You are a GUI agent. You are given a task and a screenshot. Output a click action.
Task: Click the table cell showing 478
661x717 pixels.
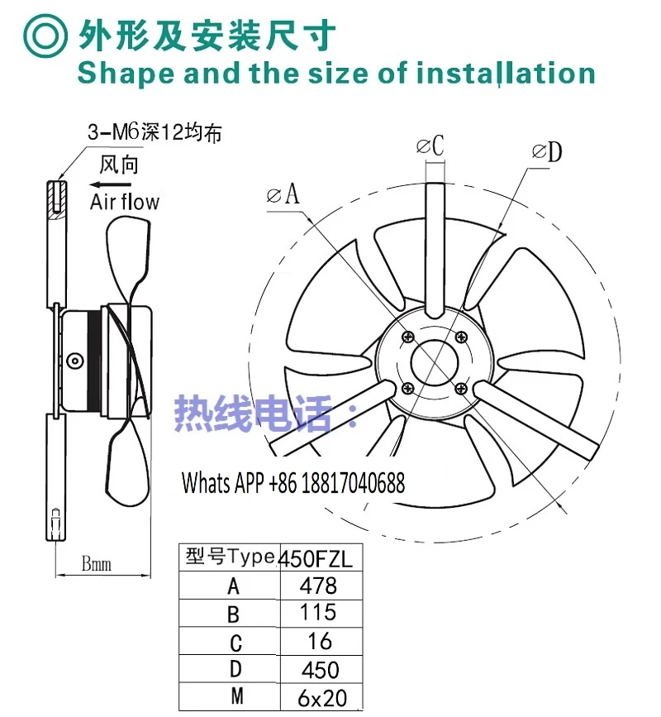click(x=318, y=586)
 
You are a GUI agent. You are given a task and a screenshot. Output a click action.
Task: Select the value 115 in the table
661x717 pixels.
click(x=318, y=612)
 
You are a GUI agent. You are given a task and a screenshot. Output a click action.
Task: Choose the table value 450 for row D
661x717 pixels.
click(x=321, y=670)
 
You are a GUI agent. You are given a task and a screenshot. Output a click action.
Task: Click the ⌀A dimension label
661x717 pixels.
click(x=283, y=194)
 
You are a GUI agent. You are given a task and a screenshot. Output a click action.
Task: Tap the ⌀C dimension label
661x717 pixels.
click(x=430, y=146)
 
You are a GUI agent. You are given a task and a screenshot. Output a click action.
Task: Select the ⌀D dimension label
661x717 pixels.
click(x=547, y=152)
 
